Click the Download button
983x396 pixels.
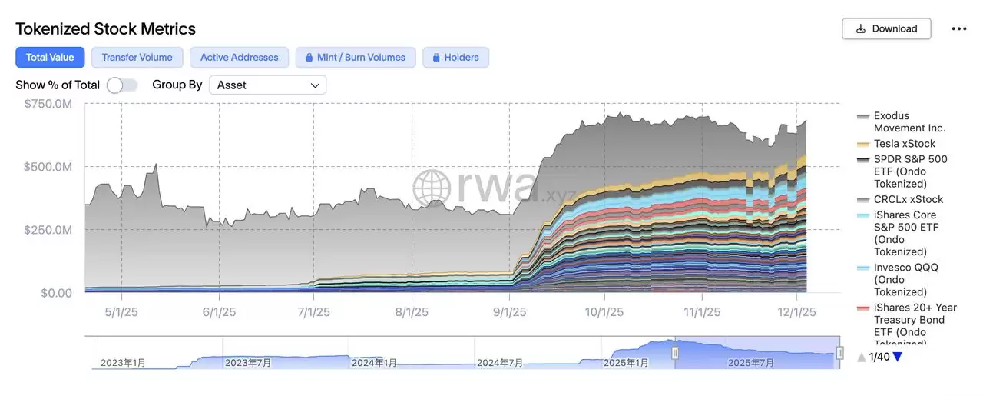[x=886, y=28]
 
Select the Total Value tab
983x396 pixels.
[x=50, y=57]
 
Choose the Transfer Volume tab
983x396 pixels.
[x=137, y=57]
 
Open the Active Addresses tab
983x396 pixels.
[x=239, y=57]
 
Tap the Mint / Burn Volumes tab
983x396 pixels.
[x=356, y=57]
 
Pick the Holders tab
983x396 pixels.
[x=455, y=57]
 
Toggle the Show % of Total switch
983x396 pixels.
[x=122, y=85]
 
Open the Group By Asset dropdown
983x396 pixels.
[x=267, y=85]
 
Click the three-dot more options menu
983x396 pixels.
[x=959, y=28]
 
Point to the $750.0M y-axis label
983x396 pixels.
[x=48, y=103]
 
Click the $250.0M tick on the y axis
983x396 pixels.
[x=48, y=230]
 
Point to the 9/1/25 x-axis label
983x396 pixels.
[x=509, y=312]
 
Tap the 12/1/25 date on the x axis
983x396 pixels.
[x=796, y=312]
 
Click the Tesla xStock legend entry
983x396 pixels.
[x=904, y=144]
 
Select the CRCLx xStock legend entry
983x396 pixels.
[x=908, y=199]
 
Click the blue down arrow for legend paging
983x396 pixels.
[x=897, y=357]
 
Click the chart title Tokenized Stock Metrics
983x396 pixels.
[x=106, y=28]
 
